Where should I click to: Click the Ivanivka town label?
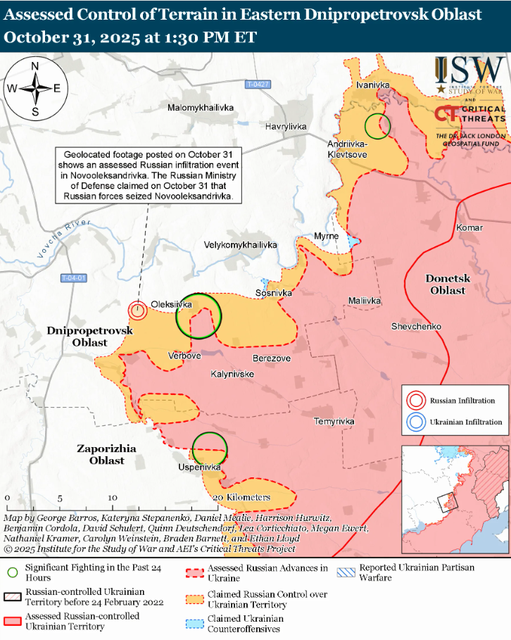[x=373, y=84]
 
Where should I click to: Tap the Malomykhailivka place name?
[x=201, y=108]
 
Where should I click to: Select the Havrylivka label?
[x=286, y=126]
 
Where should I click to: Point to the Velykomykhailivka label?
[x=240, y=244]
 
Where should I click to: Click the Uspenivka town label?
[x=200, y=467]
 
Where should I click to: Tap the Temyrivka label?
[x=334, y=421]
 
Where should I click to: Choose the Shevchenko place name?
[x=416, y=326]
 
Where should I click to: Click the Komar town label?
[x=469, y=227]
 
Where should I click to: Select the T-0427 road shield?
[x=258, y=84]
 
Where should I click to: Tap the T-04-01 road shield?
[x=73, y=277]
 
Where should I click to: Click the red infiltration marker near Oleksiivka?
[x=137, y=310]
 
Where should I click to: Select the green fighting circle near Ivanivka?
[x=377, y=126]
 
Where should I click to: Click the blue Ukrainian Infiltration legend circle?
[x=415, y=422]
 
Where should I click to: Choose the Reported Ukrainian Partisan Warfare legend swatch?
[x=346, y=572]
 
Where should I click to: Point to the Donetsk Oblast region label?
[x=448, y=284]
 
